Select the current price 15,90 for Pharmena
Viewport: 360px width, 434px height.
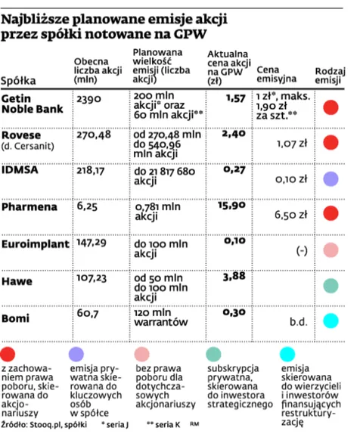(x=232, y=205)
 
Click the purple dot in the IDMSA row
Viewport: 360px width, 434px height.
(x=331, y=178)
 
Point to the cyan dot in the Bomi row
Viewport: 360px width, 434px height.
(x=331, y=321)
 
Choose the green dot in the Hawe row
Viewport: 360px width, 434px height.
(x=331, y=285)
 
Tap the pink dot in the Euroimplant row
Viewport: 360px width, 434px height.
(x=331, y=250)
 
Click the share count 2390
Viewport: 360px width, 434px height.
(x=89, y=100)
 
